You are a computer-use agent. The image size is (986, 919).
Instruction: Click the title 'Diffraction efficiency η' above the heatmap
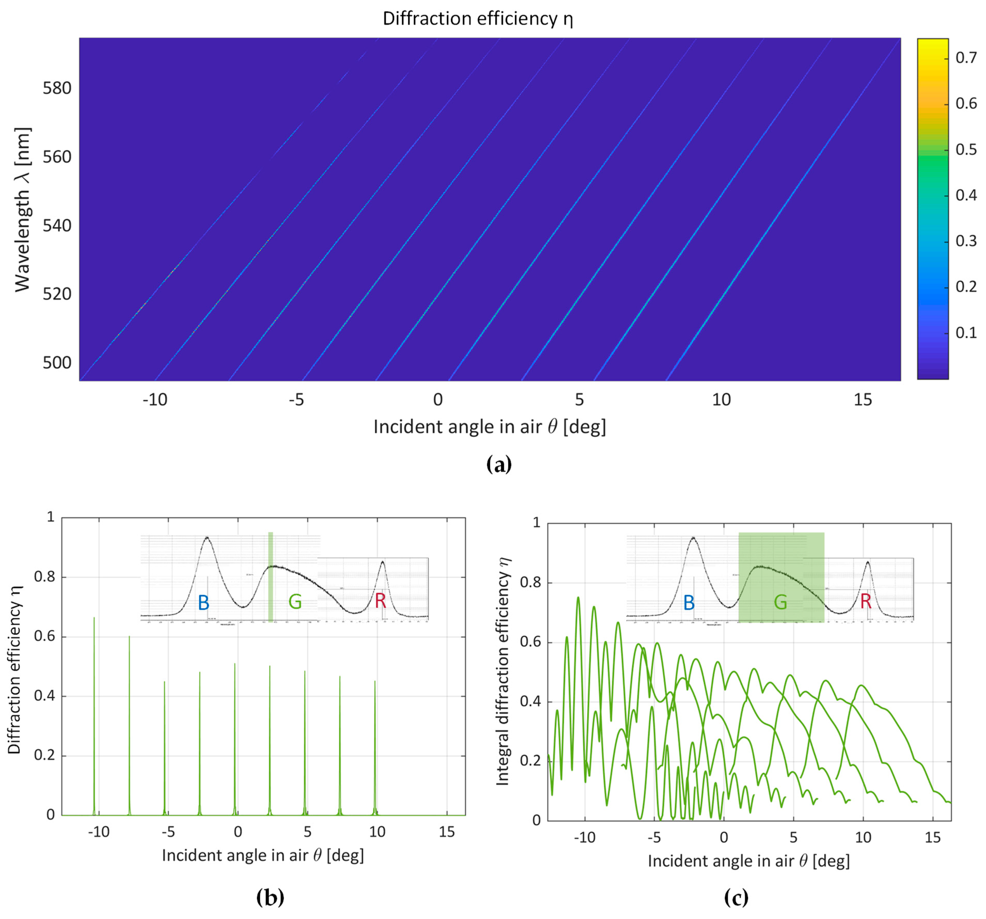tap(478, 19)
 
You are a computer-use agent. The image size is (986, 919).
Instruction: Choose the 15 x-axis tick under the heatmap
tap(862, 399)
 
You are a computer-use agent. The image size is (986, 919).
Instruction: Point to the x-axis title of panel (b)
tap(263, 856)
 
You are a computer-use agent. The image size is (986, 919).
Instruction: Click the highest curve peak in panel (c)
tap(578, 597)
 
